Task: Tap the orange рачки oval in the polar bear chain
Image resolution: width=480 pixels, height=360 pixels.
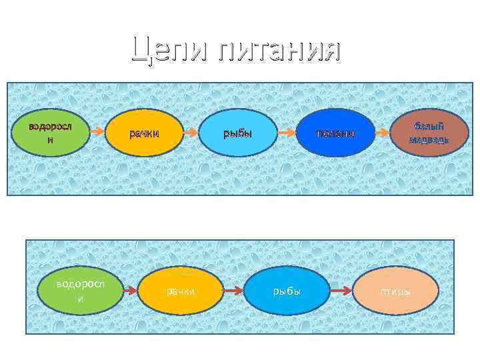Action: (145, 133)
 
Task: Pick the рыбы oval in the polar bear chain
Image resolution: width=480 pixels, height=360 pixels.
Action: (239, 133)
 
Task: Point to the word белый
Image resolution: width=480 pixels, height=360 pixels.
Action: (429, 125)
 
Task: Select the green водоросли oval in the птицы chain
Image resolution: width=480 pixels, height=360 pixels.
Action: (81, 291)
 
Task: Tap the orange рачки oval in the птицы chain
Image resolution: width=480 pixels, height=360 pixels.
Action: (181, 291)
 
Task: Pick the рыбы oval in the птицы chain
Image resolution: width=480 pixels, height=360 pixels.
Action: (287, 291)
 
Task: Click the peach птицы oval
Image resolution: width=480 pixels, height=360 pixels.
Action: (396, 291)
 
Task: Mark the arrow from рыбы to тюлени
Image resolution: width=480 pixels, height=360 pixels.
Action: (286, 133)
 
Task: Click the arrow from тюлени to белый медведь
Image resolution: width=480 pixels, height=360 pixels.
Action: (383, 133)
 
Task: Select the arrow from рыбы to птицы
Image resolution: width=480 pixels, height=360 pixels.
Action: (341, 291)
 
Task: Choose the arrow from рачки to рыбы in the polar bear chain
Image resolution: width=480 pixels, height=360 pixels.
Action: (192, 133)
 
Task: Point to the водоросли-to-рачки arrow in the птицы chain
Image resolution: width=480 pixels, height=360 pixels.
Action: (130, 291)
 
